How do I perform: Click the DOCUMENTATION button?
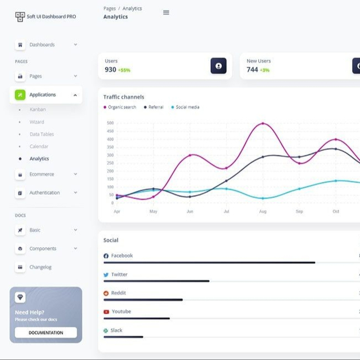tap(46, 332)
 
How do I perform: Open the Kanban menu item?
tap(38, 110)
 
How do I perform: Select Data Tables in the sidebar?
tap(42, 134)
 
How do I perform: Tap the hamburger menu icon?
tap(166, 12)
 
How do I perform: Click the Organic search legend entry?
tap(120, 107)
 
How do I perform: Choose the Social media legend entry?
tap(185, 107)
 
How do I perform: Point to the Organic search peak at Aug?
tap(263, 124)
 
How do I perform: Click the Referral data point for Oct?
tap(336, 149)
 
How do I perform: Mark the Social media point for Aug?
tap(263, 198)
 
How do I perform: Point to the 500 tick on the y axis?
tap(110, 123)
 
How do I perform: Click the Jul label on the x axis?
tap(226, 211)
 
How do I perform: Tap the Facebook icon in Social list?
tap(106, 256)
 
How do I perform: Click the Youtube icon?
tap(106, 312)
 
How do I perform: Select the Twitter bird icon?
tap(106, 274)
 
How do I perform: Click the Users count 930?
tap(110, 70)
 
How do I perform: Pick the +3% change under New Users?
tap(264, 70)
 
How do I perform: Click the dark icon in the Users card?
tap(218, 66)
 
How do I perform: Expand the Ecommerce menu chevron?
tap(75, 174)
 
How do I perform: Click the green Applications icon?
tap(20, 95)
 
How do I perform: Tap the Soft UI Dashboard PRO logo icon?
tap(20, 17)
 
